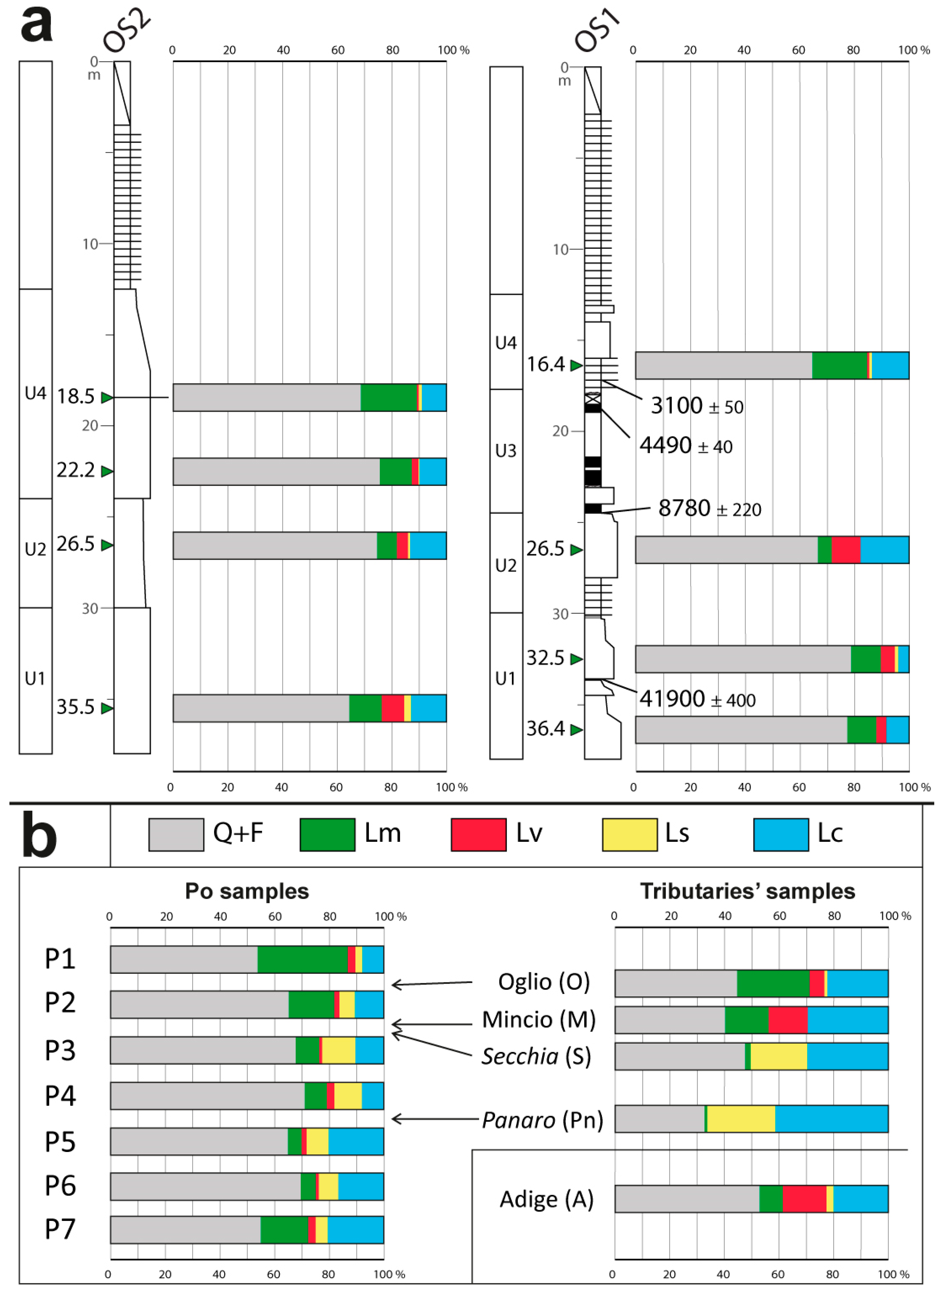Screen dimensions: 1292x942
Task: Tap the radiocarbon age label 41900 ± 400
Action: (697, 699)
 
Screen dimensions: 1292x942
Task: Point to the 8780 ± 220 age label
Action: (709, 508)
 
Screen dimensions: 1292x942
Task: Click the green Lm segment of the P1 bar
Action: (302, 959)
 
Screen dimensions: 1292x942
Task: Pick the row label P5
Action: (60, 1141)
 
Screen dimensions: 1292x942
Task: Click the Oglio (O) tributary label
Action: (544, 982)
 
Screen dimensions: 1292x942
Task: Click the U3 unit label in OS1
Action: (505, 451)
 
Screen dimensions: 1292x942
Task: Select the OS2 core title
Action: (127, 31)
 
